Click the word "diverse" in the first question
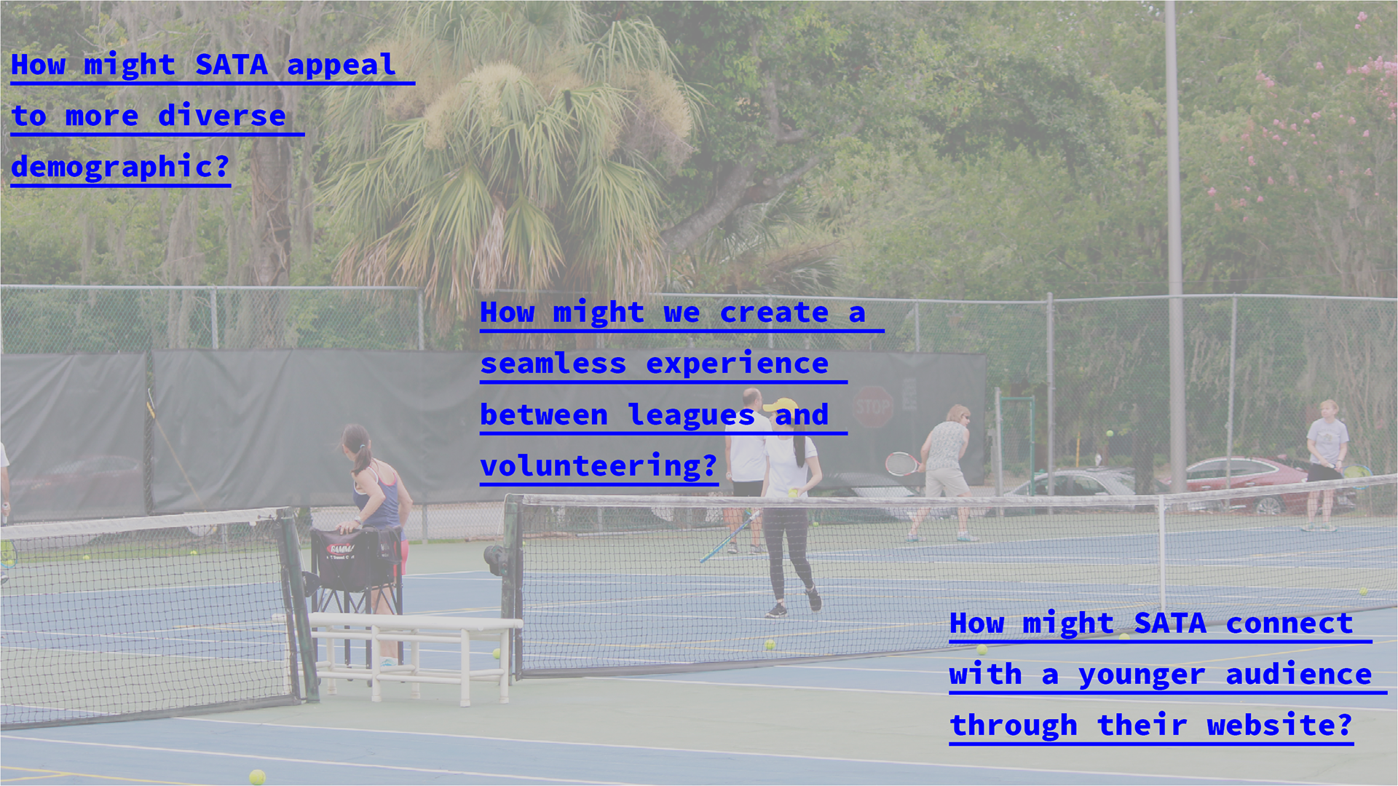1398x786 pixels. point(222,116)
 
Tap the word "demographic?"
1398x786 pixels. point(121,167)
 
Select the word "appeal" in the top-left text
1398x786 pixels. point(341,65)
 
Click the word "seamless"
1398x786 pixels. point(553,363)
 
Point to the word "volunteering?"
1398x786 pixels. point(599,465)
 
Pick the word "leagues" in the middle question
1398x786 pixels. point(691,415)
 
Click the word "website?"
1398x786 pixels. point(1279,725)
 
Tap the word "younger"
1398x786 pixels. point(1142,675)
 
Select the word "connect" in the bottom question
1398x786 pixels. point(1289,624)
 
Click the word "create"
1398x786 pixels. point(774,313)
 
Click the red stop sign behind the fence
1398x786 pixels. point(873,406)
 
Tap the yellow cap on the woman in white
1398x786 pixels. point(782,405)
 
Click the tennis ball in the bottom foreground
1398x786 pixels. point(257,777)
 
